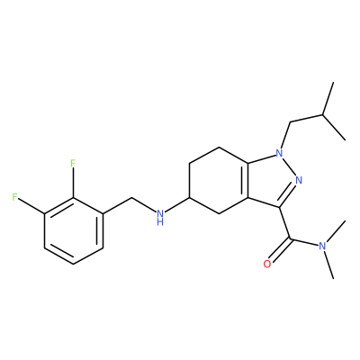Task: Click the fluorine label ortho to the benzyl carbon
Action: point(73,164)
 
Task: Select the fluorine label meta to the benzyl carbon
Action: point(14,197)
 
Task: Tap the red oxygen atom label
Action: point(266,265)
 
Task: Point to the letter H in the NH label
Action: point(160,222)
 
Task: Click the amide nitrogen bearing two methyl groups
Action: point(322,246)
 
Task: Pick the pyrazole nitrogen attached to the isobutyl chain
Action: point(279,154)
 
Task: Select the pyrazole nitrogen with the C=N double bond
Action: point(299,180)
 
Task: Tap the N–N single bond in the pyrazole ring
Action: point(289,166)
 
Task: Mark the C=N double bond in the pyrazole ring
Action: point(287,194)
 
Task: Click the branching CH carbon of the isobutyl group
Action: point(323,114)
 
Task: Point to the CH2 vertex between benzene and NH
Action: point(132,198)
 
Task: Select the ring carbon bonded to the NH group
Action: point(189,198)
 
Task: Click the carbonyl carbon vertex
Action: point(290,238)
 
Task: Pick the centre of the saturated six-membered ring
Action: point(219,180)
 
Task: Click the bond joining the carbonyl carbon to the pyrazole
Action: point(285,223)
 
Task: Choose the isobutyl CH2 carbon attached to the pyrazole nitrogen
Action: point(291,122)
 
